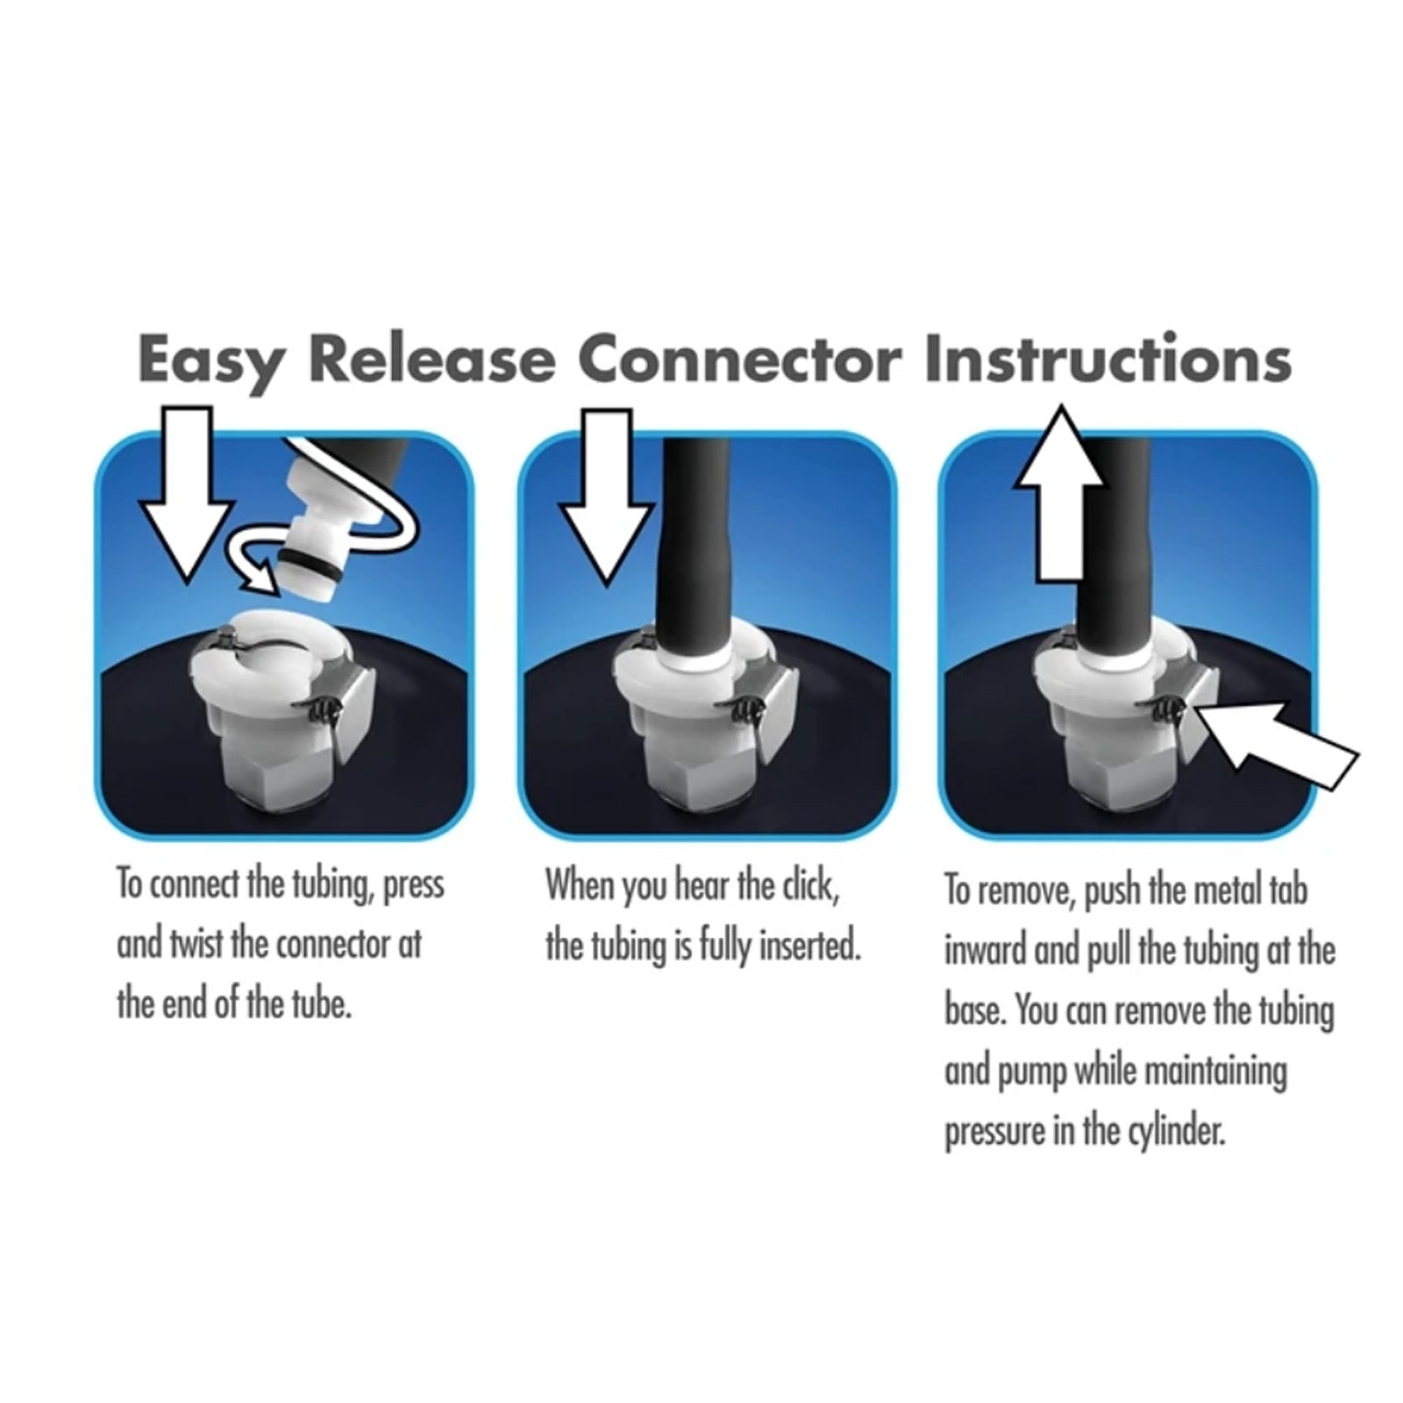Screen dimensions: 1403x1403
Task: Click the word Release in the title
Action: click(x=431, y=358)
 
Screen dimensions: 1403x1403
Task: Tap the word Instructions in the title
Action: click(x=1107, y=359)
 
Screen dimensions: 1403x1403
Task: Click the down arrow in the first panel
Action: click(x=189, y=495)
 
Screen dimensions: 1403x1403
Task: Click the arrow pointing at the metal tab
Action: click(x=1276, y=737)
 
